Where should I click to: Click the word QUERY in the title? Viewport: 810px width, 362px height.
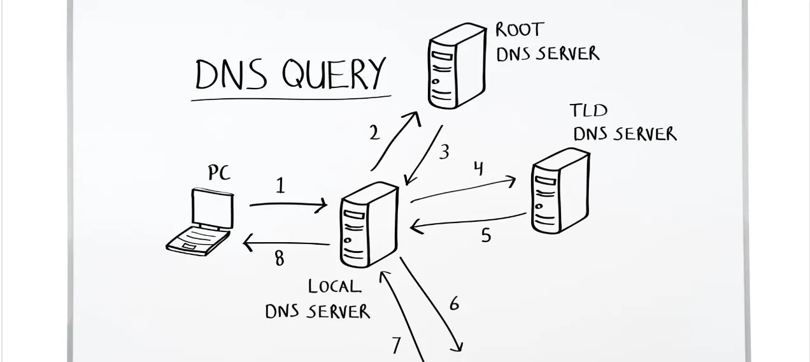(334, 75)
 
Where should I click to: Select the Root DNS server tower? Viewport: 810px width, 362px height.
(456, 66)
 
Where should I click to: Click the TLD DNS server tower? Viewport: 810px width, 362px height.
(559, 191)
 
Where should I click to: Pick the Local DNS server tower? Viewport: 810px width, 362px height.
(369, 224)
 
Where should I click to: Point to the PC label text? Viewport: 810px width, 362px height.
(218, 173)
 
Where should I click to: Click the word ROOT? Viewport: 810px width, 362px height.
(520, 29)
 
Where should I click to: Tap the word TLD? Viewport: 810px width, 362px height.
(588, 111)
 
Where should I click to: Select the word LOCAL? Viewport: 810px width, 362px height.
(334, 287)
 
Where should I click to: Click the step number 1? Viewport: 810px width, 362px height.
(280, 185)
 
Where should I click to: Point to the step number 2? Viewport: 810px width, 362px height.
(374, 133)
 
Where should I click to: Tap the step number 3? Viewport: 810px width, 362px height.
(444, 152)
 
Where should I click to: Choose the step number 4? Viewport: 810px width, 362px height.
(478, 168)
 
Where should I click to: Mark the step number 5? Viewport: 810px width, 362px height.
(486, 235)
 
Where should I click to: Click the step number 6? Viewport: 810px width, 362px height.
(454, 304)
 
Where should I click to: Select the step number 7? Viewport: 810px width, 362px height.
(396, 345)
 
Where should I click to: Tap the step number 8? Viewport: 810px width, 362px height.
(279, 259)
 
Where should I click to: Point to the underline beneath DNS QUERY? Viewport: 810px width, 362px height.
(291, 99)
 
